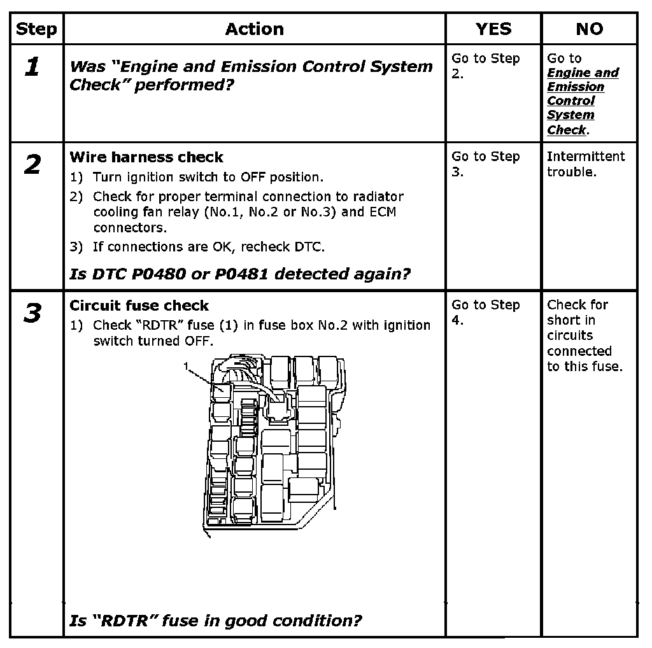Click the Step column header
point(36,29)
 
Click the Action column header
point(254,29)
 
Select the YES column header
point(493,29)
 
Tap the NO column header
point(589,29)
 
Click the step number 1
point(32,67)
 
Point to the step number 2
point(32,166)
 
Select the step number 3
point(32,314)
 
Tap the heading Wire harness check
point(146,157)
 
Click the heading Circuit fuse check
point(139,306)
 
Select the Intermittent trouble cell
point(586,164)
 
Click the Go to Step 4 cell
point(485,312)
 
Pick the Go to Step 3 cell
point(485,164)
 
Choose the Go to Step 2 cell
point(485,66)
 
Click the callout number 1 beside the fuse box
point(185,366)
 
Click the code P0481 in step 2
point(240,274)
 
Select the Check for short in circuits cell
point(584,335)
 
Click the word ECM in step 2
point(383,212)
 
